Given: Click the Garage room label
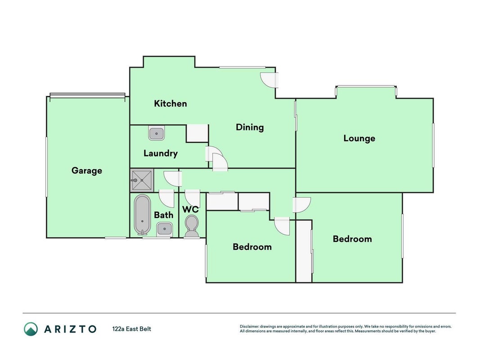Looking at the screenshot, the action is click(x=87, y=171).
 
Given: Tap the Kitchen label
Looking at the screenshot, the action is click(x=170, y=103).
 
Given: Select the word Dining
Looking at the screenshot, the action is click(x=250, y=127).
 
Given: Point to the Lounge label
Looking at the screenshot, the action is click(x=359, y=138).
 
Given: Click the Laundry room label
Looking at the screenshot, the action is click(x=161, y=153).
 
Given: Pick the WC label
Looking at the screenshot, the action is click(x=190, y=209).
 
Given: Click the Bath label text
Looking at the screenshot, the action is click(x=163, y=215).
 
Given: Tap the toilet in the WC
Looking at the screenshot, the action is click(x=192, y=226).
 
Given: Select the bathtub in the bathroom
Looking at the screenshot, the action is click(x=142, y=215).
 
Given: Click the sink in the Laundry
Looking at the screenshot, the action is click(x=157, y=133).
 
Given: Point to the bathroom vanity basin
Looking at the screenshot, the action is click(x=165, y=229).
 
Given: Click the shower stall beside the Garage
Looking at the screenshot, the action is click(x=142, y=180).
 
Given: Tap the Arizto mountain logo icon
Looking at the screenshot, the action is click(x=31, y=329).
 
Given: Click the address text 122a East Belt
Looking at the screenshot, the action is click(x=132, y=329).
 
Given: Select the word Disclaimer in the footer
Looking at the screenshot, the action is click(x=250, y=327).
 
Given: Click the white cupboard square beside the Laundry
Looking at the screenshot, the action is click(x=197, y=133).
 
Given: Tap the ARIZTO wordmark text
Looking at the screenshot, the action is click(x=71, y=329).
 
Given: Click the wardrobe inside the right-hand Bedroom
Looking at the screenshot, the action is click(x=304, y=251).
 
